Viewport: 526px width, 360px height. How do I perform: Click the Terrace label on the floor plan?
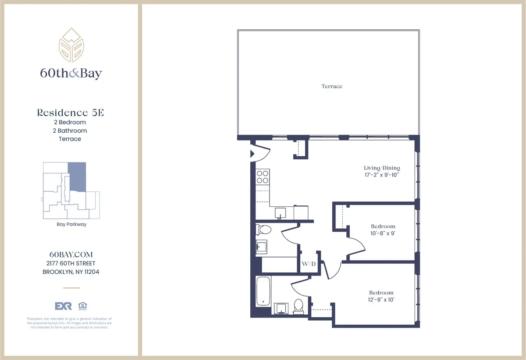tap(332, 86)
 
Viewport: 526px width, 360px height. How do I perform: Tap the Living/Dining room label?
tap(382, 168)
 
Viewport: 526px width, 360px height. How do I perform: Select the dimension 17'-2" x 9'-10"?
tap(382, 175)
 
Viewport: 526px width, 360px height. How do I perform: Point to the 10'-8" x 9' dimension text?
tap(383, 233)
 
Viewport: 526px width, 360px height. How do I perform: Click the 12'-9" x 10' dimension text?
tap(381, 300)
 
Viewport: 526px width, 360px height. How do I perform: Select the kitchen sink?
tap(280, 213)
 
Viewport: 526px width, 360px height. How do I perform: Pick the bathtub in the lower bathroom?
tap(263, 291)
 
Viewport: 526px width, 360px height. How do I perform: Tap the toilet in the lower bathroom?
tap(299, 306)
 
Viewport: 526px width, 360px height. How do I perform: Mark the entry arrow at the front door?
tap(252, 154)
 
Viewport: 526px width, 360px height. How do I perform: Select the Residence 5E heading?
tap(70, 113)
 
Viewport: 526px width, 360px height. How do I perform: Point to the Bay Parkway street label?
tap(71, 224)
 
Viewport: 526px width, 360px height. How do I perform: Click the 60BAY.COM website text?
tap(71, 254)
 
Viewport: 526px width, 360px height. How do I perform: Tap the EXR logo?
tap(63, 306)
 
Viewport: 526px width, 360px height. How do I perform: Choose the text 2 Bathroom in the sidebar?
tap(70, 131)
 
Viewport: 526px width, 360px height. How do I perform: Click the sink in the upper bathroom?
tap(262, 247)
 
